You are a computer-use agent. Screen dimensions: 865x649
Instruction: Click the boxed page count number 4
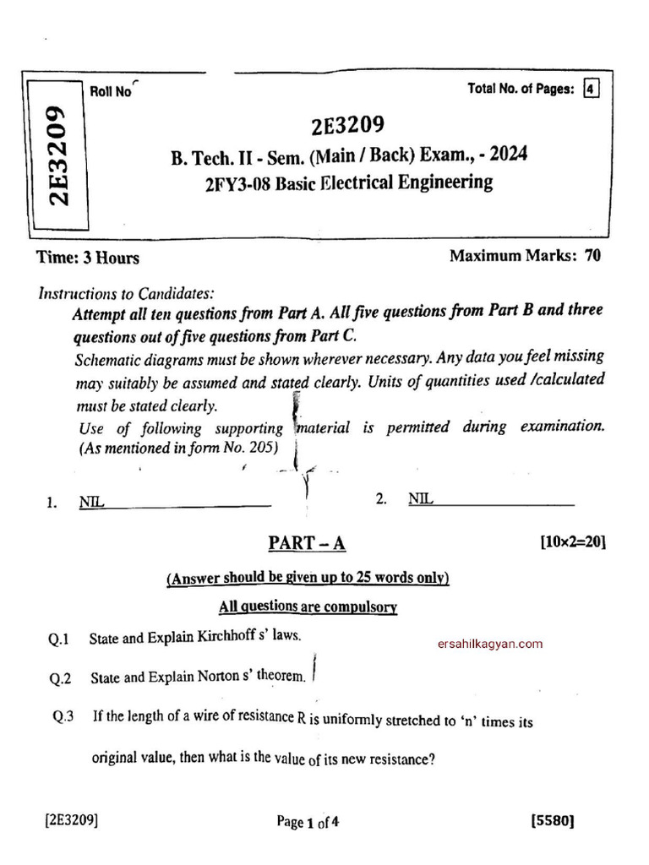coord(591,90)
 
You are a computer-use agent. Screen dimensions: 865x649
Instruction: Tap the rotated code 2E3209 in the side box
coord(57,156)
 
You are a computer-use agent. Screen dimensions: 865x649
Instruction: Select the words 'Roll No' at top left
coord(110,92)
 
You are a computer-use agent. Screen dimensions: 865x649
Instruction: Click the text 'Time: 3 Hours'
coord(88,258)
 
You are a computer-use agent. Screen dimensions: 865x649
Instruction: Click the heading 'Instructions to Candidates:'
coord(127,294)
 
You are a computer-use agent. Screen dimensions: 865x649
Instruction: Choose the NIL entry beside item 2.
coord(420,499)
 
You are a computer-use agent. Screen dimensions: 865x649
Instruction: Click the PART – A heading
coord(307,543)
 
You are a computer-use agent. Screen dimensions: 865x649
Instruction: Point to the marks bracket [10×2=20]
coord(572,543)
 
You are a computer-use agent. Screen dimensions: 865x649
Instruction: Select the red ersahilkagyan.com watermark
coord(490,644)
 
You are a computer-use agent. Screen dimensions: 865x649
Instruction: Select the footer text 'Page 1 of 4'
coord(308,821)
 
